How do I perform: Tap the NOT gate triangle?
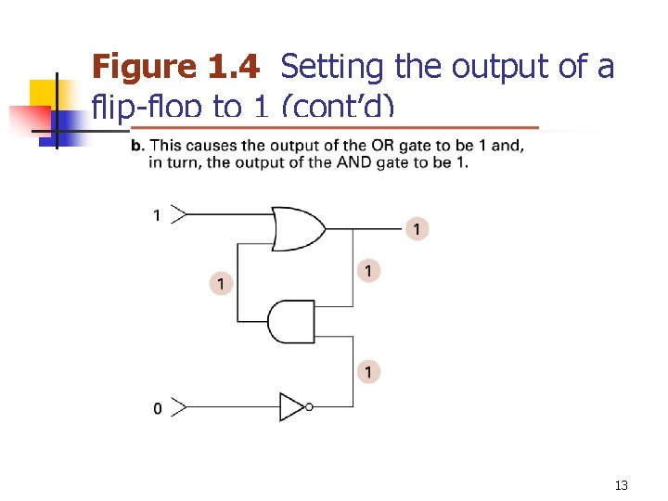292,406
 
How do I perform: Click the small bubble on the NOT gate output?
309,406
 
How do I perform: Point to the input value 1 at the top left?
157,216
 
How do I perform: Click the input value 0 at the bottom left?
157,408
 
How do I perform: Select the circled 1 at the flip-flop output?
417,228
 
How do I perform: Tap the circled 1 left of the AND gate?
220,282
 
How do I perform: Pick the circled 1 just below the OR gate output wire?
368,271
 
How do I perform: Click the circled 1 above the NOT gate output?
368,372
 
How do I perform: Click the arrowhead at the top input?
180,215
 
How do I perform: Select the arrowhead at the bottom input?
180,406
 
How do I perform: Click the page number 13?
622,485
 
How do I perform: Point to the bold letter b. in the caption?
136,145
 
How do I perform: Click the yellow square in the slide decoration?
43,93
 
